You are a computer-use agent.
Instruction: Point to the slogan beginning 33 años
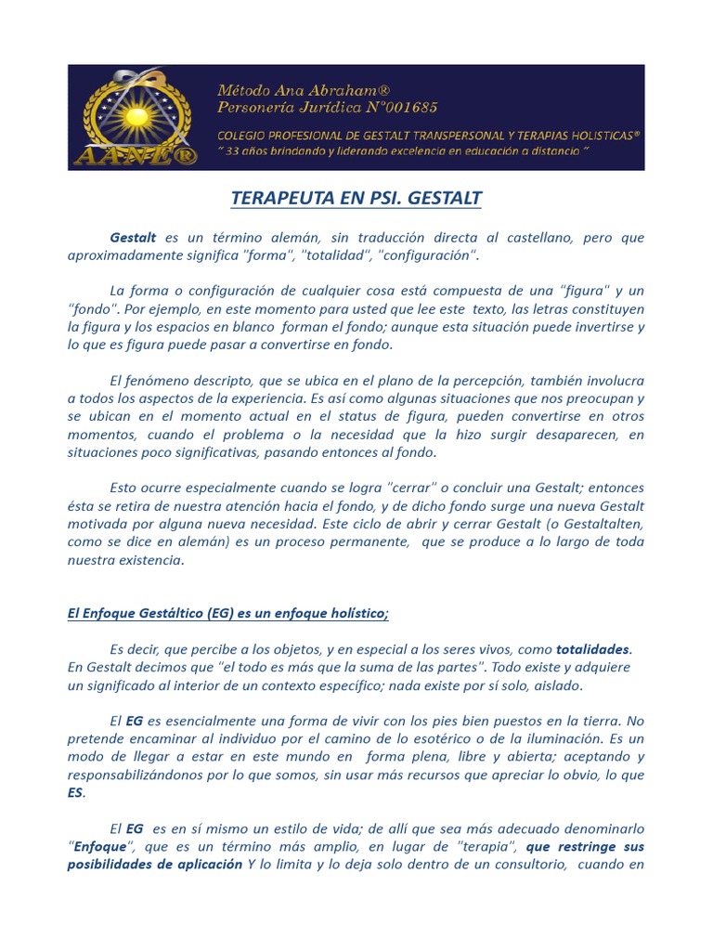[403, 150]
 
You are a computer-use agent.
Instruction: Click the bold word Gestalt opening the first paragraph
[133, 238]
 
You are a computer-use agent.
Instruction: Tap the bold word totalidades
[592, 648]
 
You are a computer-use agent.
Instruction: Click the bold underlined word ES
[76, 791]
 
